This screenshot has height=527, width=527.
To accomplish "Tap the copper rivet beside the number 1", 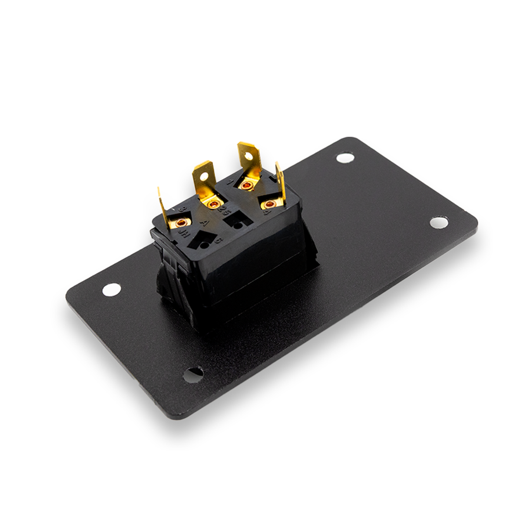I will pyautogui.click(x=247, y=185).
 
